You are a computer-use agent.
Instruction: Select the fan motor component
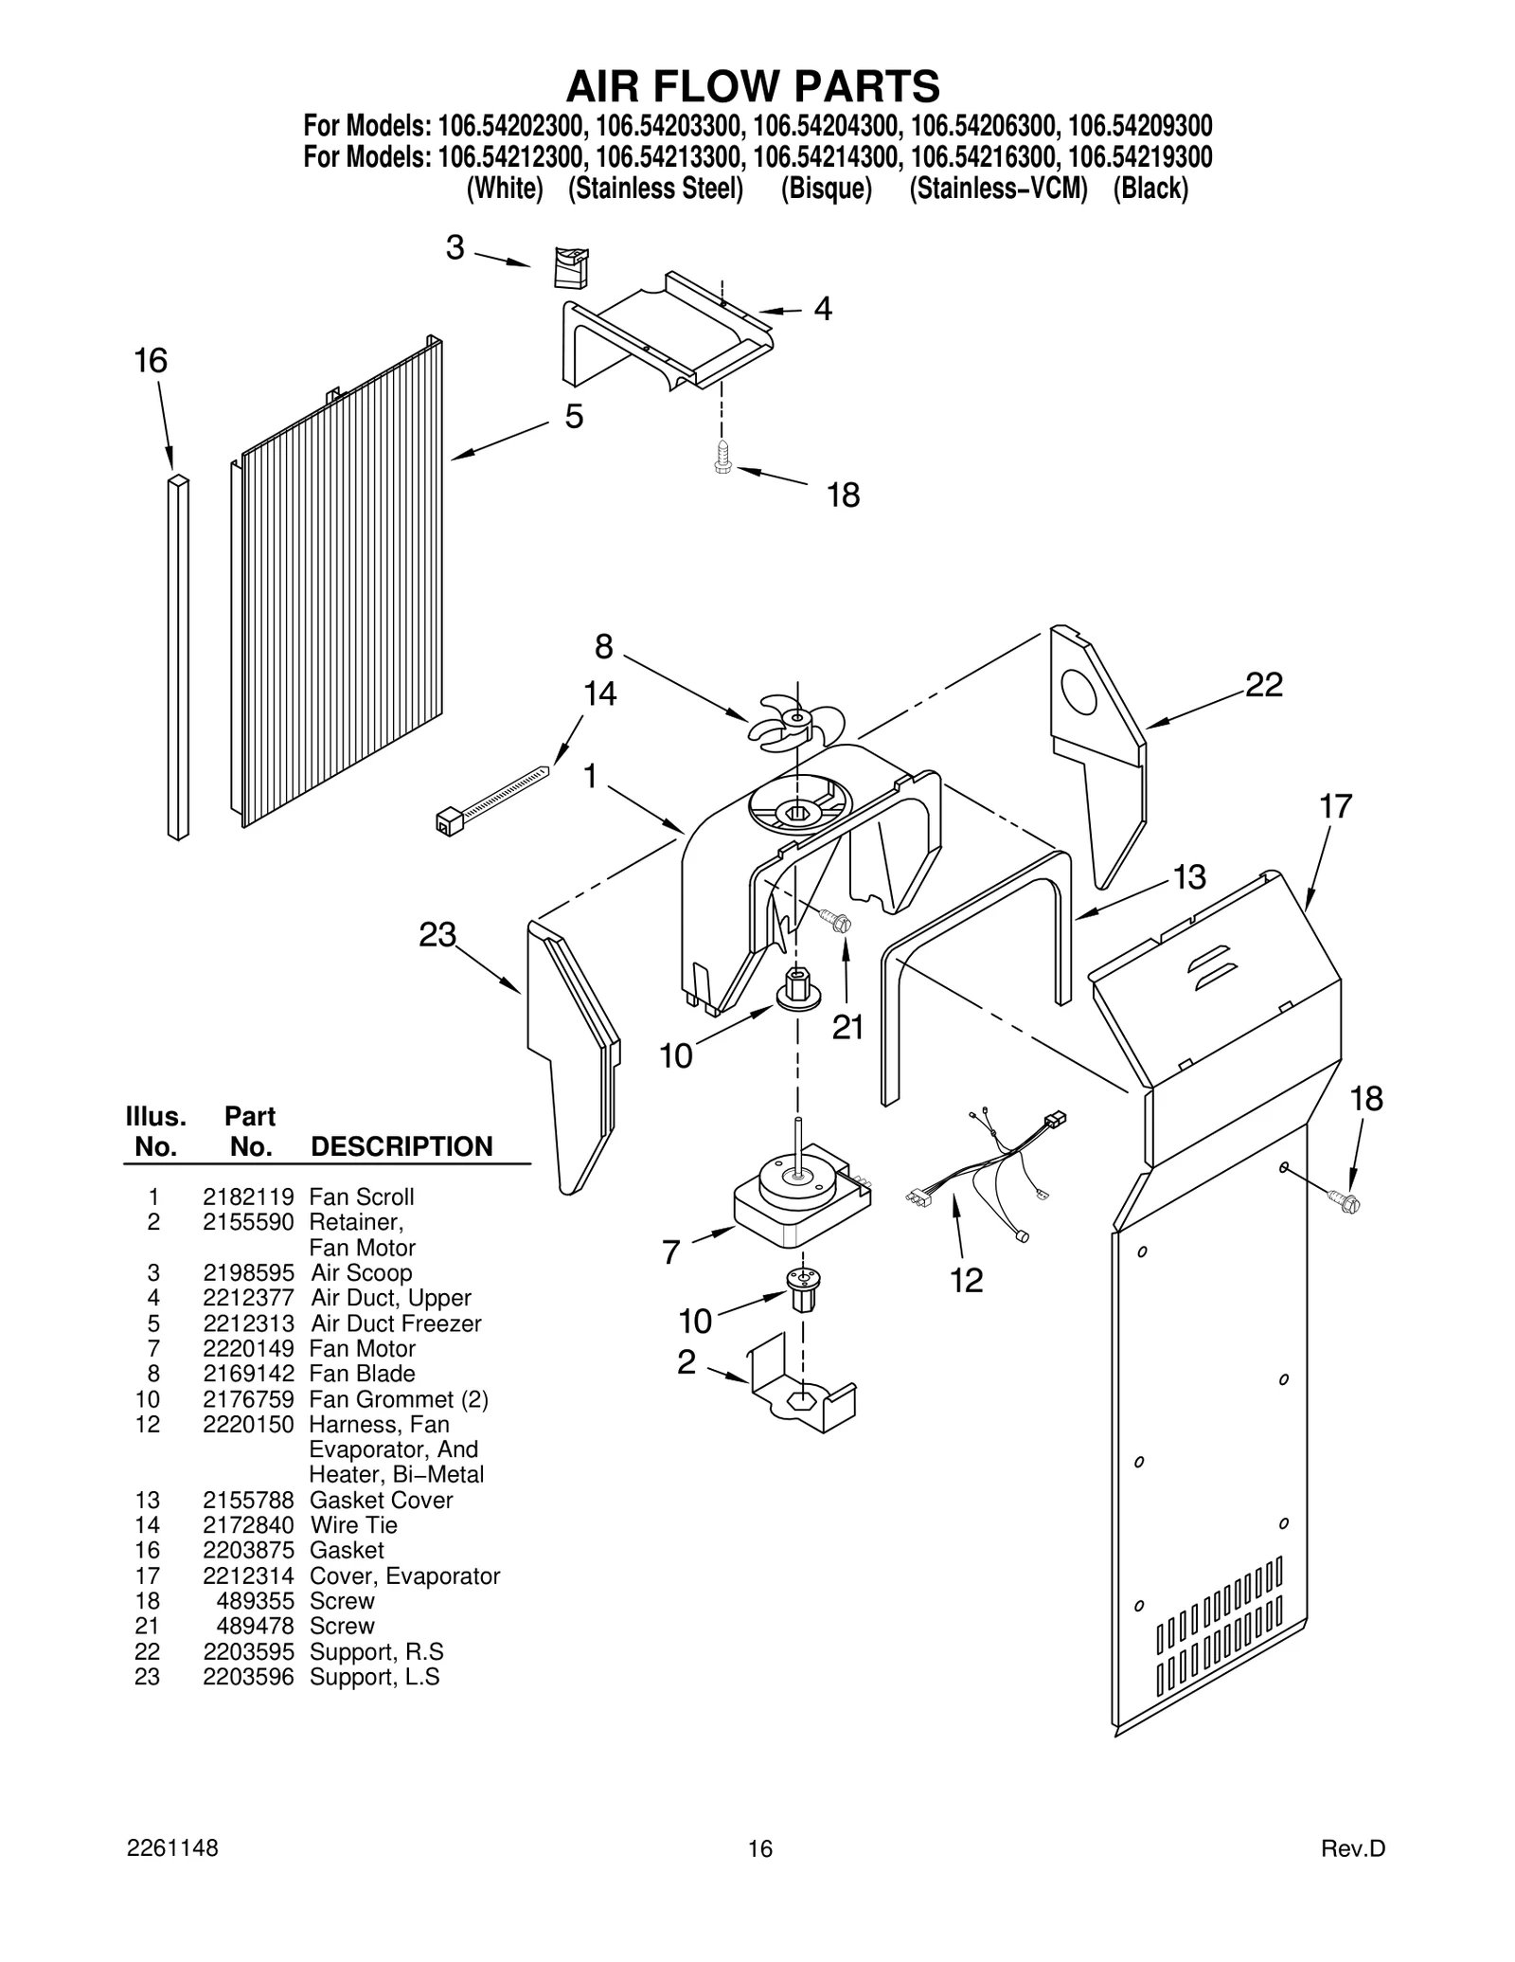point(800,1198)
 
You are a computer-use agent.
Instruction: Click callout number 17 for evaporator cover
point(1335,806)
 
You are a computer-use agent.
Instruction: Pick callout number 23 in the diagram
point(437,935)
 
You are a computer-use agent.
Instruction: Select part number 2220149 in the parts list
point(248,1348)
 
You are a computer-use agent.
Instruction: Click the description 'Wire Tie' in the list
point(353,1524)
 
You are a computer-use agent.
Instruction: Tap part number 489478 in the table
point(255,1626)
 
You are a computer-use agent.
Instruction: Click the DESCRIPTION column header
point(401,1146)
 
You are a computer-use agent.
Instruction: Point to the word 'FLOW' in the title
point(753,86)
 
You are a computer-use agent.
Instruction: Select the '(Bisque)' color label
point(826,189)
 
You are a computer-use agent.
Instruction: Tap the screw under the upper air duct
point(723,458)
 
